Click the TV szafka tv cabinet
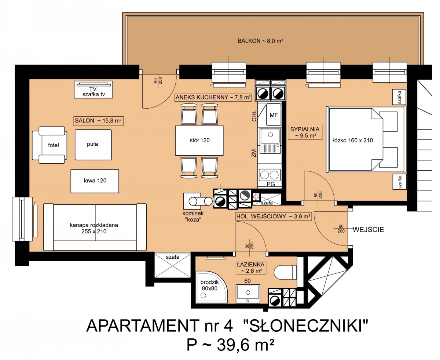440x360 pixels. coord(93,90)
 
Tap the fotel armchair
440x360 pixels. coord(49,145)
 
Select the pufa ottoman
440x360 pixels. coord(93,145)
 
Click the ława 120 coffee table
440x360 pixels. coord(95,181)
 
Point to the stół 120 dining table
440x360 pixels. coord(199,141)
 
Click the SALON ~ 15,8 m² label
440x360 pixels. coord(99,121)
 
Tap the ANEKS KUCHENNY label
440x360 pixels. coord(213,98)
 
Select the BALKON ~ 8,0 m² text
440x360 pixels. coord(260,41)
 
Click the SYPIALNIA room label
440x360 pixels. coord(305,132)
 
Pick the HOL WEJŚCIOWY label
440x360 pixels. coord(273,217)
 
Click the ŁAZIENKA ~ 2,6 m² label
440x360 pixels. coord(251,268)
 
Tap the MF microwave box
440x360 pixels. coord(274,115)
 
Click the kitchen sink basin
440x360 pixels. coord(270,136)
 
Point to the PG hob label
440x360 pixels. coord(271,184)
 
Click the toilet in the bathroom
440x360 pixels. coord(285,272)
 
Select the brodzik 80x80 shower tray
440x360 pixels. coord(212,287)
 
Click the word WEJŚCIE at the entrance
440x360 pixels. coord(368,230)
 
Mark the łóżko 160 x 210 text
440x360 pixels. coord(353,140)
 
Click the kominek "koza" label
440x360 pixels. coord(193,217)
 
